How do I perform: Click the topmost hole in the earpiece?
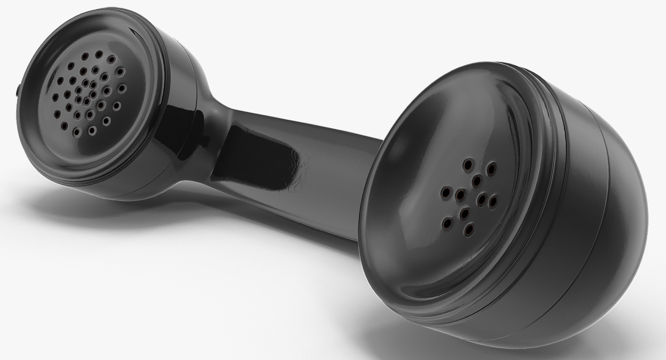click(x=99, y=54)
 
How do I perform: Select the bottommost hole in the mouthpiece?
click(x=469, y=229)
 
